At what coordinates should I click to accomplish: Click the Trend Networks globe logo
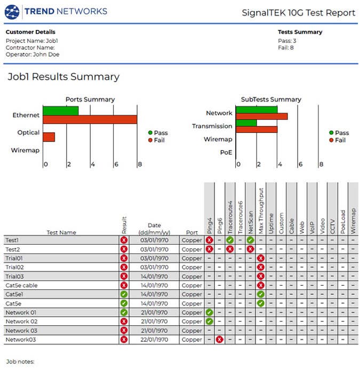click(12, 12)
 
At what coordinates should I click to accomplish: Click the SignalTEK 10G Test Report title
click(299, 13)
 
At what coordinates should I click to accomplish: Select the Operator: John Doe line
click(33, 54)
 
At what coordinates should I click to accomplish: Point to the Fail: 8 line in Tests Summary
click(286, 48)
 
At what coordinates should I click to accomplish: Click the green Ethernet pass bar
click(61, 111)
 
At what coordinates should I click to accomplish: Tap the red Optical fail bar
click(49, 137)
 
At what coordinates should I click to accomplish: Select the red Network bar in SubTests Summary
click(262, 116)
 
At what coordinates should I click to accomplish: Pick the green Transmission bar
click(246, 123)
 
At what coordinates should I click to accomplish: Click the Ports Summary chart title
click(90, 99)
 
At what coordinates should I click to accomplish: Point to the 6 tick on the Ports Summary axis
click(116, 164)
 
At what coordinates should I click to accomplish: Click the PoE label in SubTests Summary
click(226, 153)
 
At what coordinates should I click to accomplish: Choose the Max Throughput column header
click(261, 210)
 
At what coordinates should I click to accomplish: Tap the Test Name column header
click(61, 232)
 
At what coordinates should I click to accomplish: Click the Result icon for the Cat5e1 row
click(124, 294)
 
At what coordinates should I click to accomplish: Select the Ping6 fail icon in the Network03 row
click(219, 340)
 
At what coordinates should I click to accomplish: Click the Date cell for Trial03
click(154, 276)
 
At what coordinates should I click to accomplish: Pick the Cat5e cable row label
click(21, 286)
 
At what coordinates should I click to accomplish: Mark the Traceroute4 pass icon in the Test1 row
click(230, 240)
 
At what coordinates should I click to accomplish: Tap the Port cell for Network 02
click(192, 321)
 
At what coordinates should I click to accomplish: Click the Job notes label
click(20, 362)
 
